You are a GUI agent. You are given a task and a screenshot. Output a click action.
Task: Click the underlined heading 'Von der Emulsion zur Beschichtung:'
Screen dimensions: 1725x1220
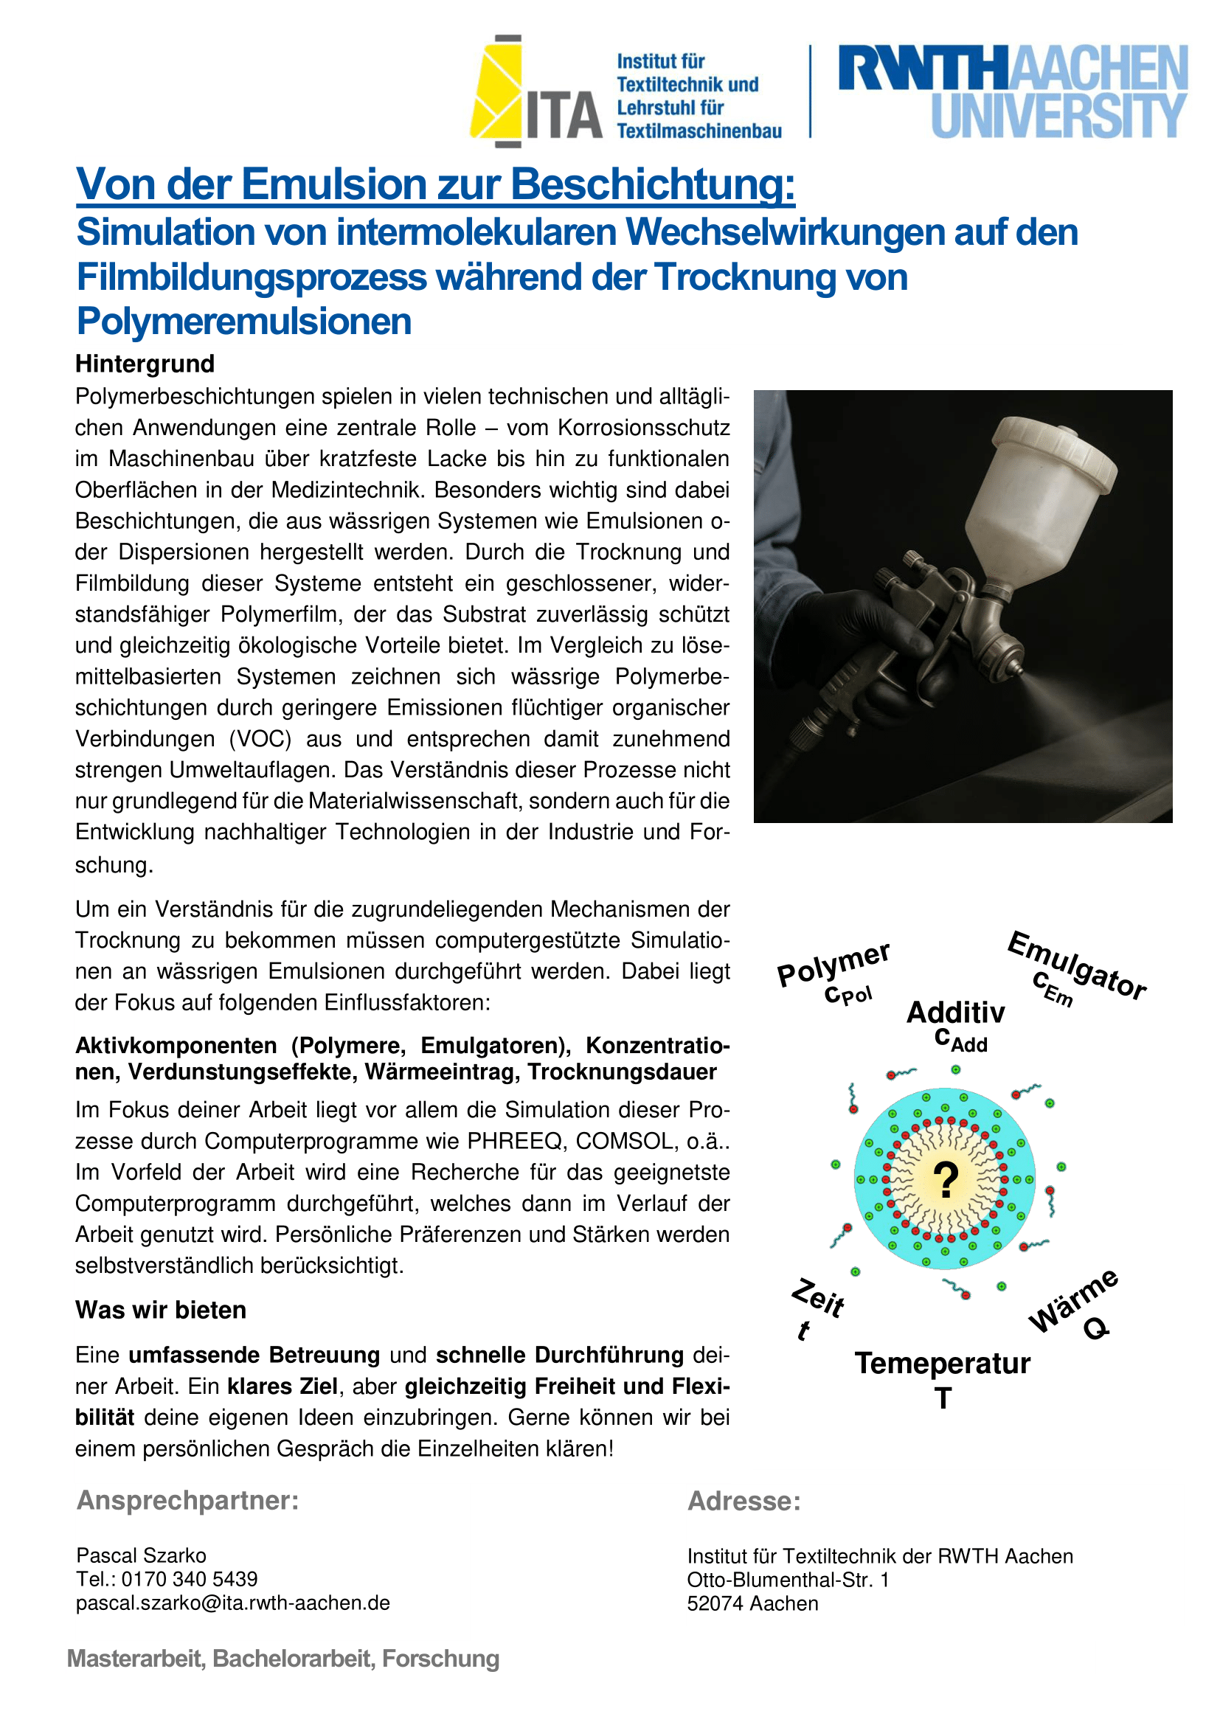pos(435,184)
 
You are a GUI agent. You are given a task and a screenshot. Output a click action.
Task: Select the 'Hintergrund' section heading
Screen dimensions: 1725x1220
pos(145,364)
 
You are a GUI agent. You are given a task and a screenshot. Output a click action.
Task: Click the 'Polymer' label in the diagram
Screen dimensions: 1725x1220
pos(833,965)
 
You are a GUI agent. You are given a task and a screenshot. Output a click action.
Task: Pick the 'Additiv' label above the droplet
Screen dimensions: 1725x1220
pos(955,1013)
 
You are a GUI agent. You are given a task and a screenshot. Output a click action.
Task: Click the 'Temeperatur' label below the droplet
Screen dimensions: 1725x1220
pos(943,1363)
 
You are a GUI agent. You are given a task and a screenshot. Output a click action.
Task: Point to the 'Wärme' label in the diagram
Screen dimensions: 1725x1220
pos(1073,1300)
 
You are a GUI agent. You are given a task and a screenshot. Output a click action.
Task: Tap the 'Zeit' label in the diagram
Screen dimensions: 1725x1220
pos(818,1297)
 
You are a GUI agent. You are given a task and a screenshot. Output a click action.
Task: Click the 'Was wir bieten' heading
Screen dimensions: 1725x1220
pos(161,1310)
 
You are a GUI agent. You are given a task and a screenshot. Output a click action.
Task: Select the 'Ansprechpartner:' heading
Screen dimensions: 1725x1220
pos(188,1500)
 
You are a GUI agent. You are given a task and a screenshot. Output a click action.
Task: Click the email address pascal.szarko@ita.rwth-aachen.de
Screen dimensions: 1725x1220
pos(233,1603)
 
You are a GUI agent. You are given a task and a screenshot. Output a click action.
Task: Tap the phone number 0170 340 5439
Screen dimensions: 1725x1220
pos(190,1578)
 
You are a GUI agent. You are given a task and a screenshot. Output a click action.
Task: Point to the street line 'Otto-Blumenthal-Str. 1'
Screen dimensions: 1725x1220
pos(788,1579)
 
